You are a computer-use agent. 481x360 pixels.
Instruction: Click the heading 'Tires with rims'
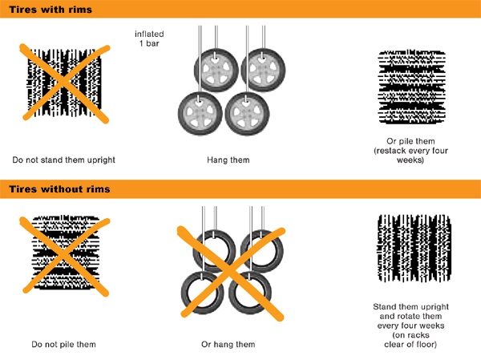coord(51,10)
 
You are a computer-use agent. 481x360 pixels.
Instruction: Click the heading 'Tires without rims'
coord(59,189)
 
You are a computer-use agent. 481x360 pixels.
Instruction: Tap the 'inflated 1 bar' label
coord(149,38)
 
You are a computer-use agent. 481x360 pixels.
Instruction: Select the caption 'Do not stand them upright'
coord(64,160)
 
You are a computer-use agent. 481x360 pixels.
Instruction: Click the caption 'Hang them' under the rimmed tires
coord(228,160)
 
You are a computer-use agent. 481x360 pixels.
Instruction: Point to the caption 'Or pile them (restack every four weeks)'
coord(410,151)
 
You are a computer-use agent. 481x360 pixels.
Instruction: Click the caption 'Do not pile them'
coord(64,344)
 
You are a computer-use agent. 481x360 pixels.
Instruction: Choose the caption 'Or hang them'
coord(228,344)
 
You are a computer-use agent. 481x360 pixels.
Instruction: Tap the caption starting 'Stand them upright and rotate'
coord(410,326)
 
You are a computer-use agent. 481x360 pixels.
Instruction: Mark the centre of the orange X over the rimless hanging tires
coord(230,273)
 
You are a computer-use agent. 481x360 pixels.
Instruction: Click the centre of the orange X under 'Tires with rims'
coord(64,83)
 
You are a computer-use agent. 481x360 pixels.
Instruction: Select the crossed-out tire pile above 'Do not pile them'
coord(66,253)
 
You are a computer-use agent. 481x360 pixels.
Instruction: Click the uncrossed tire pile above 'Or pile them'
coord(412,87)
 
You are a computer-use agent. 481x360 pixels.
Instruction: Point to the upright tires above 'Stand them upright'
coord(414,248)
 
